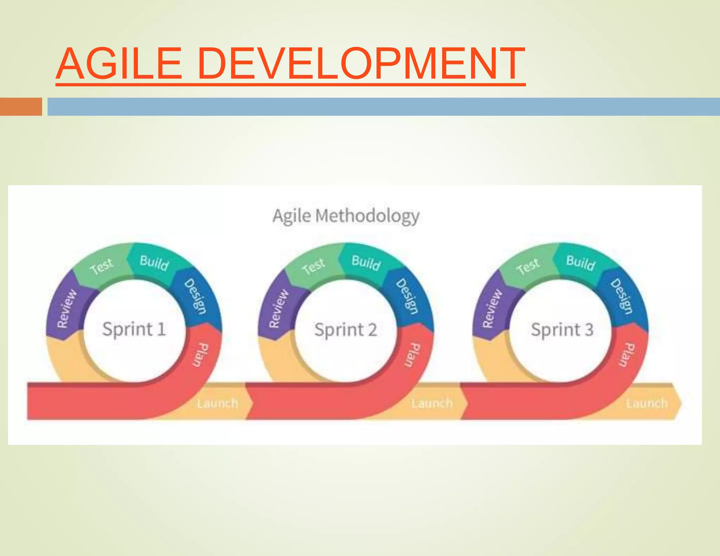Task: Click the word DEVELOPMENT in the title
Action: (361, 64)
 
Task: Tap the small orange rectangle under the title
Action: (21, 106)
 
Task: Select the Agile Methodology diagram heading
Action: (346, 216)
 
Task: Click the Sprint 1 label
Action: (134, 329)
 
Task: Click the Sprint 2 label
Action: (346, 330)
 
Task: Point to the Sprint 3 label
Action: (562, 330)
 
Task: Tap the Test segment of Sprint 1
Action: (101, 266)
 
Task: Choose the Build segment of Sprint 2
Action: (366, 263)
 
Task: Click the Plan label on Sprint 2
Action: (411, 355)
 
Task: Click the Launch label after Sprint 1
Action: (217, 403)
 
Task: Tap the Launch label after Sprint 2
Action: (432, 403)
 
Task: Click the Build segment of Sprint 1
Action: (154, 263)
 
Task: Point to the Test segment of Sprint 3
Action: (528, 266)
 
